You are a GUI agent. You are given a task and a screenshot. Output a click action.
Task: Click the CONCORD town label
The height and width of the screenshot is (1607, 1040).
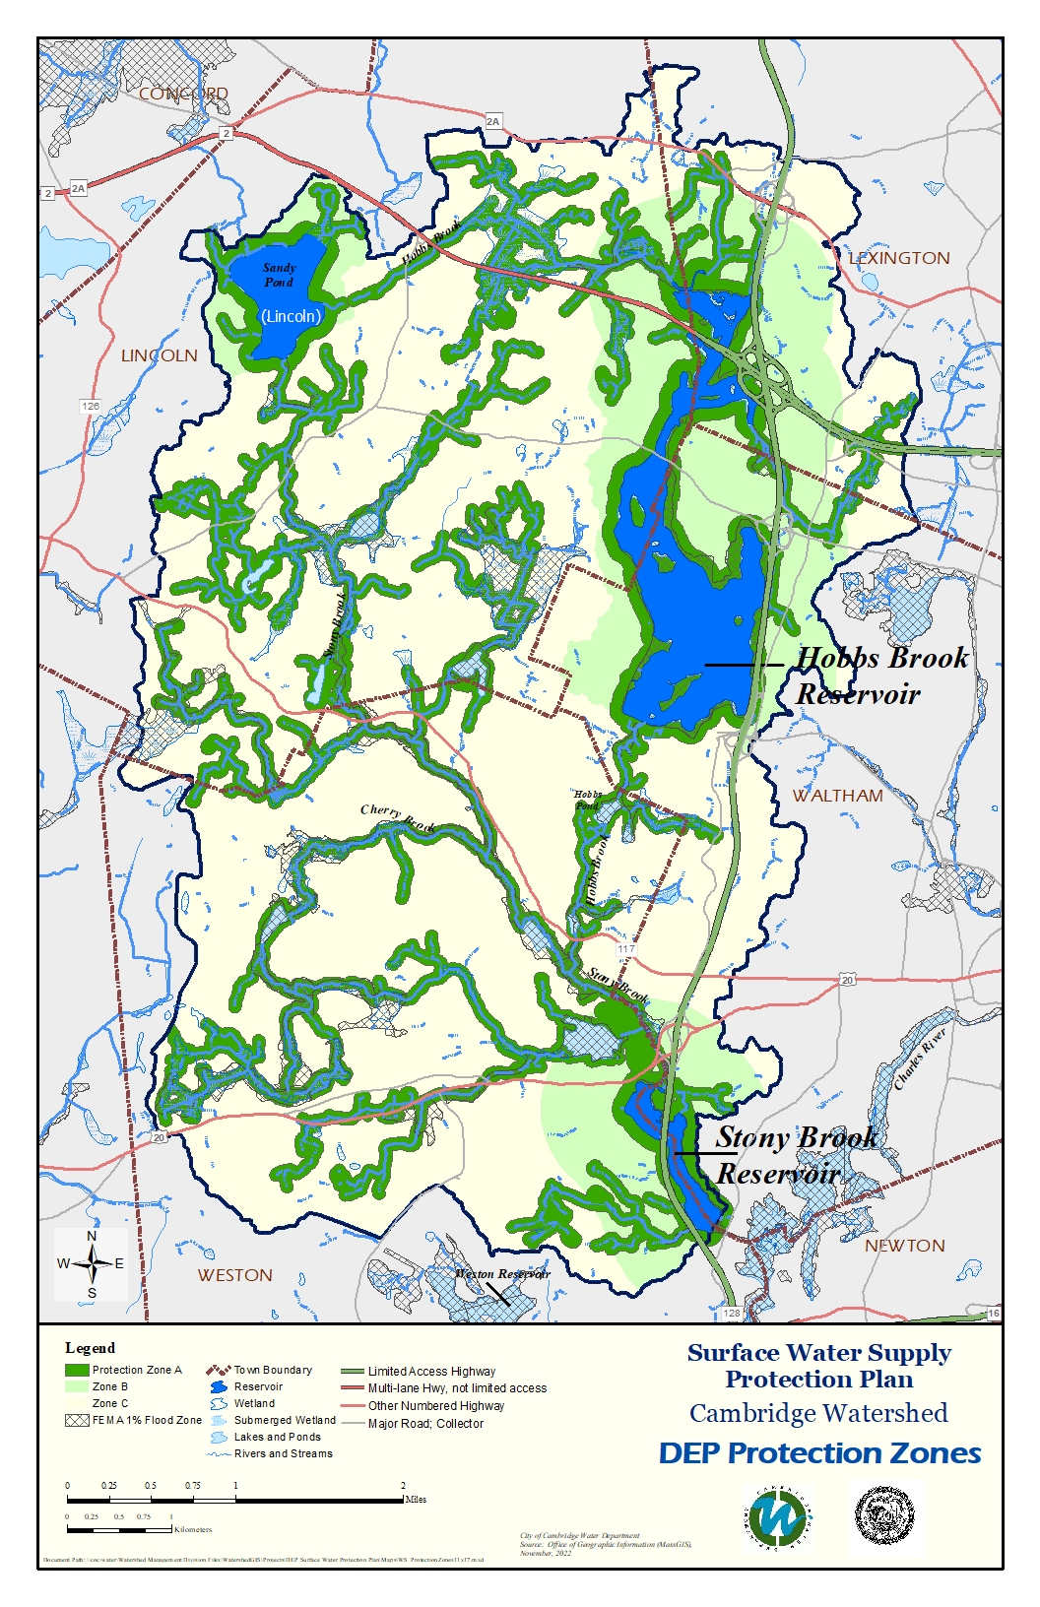click(x=183, y=94)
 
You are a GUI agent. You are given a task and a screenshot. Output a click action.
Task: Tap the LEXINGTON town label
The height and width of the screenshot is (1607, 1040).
click(x=899, y=258)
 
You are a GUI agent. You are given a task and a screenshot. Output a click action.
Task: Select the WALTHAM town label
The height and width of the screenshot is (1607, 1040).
click(x=838, y=796)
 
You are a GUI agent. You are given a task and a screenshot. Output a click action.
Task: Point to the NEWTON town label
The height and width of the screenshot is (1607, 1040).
click(x=904, y=1246)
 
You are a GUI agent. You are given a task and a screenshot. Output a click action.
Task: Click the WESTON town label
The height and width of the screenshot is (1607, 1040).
click(x=234, y=1275)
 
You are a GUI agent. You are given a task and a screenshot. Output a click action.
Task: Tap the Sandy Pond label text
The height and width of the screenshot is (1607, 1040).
click(x=279, y=275)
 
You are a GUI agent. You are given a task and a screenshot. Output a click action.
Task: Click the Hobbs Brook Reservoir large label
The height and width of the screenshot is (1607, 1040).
click(x=880, y=675)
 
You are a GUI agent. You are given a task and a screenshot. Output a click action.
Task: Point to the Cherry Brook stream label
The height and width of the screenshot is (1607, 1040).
click(x=397, y=816)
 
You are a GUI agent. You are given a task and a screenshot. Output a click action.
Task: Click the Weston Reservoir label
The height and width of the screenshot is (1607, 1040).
click(x=501, y=1273)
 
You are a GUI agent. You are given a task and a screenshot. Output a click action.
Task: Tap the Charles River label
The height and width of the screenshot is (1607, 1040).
click(x=920, y=1059)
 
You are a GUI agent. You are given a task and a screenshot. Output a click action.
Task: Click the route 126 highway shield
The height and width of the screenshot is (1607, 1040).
click(x=91, y=406)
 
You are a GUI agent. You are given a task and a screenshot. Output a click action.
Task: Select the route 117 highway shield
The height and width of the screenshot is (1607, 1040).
click(x=626, y=949)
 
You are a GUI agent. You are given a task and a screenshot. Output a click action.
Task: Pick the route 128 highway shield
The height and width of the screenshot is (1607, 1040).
click(x=732, y=1314)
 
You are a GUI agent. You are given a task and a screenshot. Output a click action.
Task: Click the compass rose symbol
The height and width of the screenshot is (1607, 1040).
click(x=92, y=1263)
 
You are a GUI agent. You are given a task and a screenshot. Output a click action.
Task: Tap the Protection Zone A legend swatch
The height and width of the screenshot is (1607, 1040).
click(x=77, y=1370)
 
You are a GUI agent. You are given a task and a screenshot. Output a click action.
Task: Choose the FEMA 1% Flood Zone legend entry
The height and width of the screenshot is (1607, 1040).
click(x=133, y=1420)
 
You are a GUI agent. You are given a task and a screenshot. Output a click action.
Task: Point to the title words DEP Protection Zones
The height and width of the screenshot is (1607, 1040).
click(x=819, y=1453)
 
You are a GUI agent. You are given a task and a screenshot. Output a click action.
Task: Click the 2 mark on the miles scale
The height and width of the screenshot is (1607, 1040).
click(x=403, y=1486)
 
